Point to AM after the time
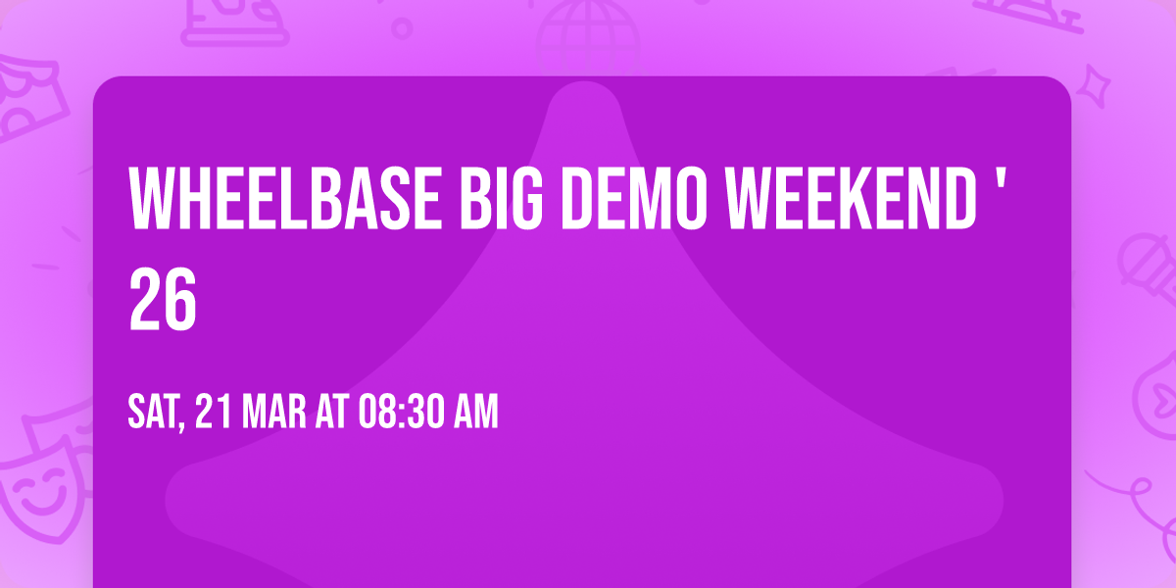[x=475, y=413]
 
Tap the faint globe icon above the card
[x=586, y=29]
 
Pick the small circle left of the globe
[x=402, y=26]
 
